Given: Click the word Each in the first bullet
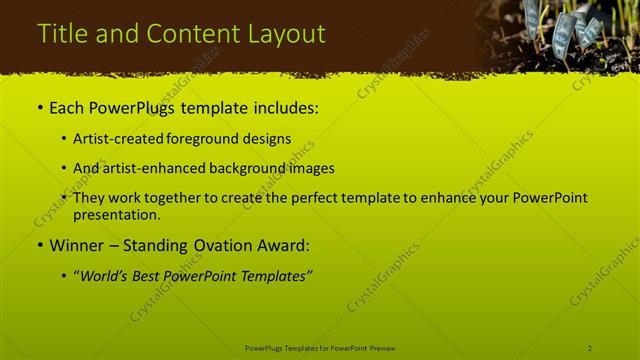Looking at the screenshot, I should pos(68,108).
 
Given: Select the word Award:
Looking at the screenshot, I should pos(282,245).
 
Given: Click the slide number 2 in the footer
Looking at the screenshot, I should pos(590,347).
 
